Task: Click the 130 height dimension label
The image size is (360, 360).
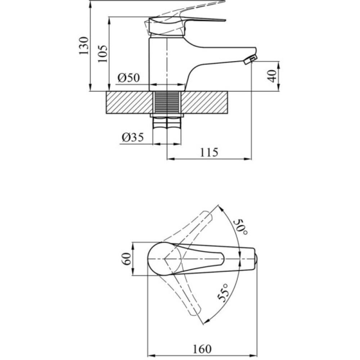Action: click(84, 45)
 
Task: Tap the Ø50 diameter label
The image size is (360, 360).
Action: click(128, 78)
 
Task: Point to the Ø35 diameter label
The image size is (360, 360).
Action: click(132, 137)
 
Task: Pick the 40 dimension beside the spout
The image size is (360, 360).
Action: click(273, 76)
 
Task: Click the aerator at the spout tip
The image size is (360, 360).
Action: click(250, 60)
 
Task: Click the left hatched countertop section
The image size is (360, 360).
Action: click(129, 103)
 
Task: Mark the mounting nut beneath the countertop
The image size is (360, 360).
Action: click(167, 116)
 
